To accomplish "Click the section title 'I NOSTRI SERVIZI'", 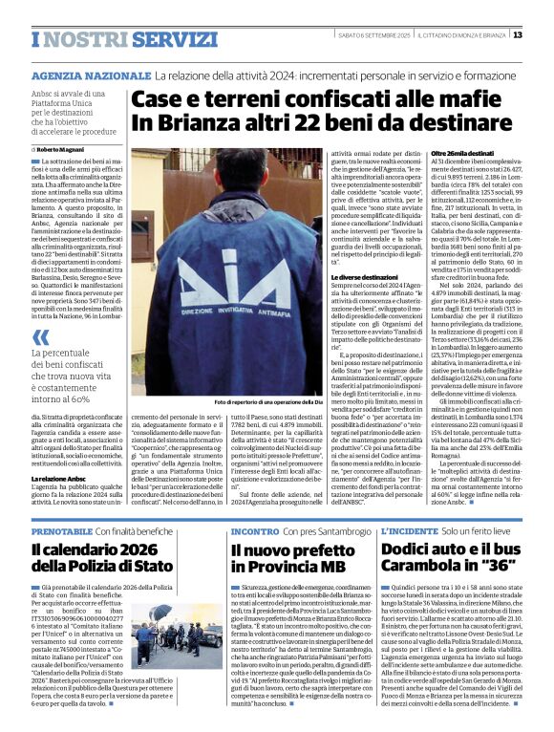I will [x=110, y=39].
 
